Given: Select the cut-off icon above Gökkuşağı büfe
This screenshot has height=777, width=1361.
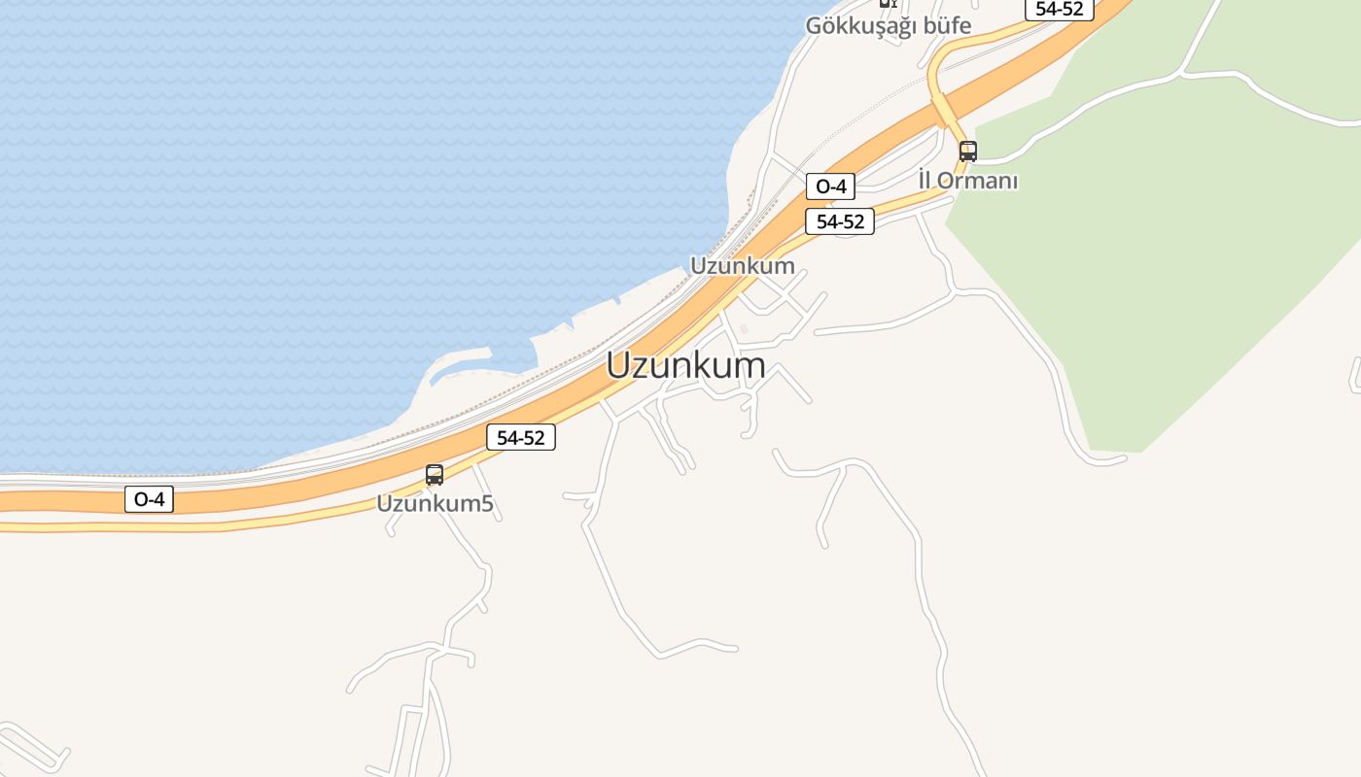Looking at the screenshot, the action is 887,3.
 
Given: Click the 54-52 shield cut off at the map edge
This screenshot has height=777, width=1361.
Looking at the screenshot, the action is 1060,8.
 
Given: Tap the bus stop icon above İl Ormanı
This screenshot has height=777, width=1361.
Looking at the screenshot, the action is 967,152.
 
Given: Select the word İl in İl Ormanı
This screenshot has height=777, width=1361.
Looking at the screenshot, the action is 925,181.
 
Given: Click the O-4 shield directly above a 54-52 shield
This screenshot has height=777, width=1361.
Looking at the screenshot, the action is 830,186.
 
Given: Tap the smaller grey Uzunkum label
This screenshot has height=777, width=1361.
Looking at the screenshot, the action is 742,265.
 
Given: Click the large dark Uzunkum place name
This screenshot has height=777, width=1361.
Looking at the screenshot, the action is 685,366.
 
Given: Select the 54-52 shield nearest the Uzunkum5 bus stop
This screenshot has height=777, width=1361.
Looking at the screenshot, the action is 521,437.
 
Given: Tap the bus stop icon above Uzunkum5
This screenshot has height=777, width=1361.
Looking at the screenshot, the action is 435,475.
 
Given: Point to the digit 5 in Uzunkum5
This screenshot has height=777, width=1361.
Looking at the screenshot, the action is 487,504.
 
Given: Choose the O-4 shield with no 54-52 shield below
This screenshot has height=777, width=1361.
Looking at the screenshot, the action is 149,499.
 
